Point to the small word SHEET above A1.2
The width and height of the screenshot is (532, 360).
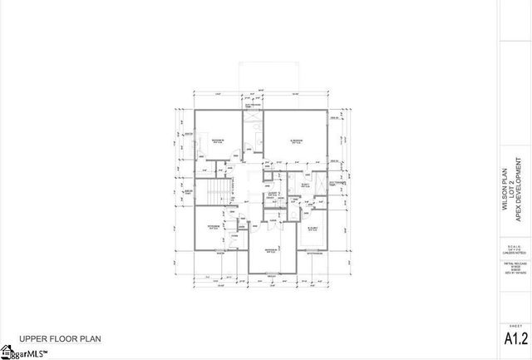coord(515,325)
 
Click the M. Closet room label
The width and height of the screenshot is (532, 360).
coord(313,228)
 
